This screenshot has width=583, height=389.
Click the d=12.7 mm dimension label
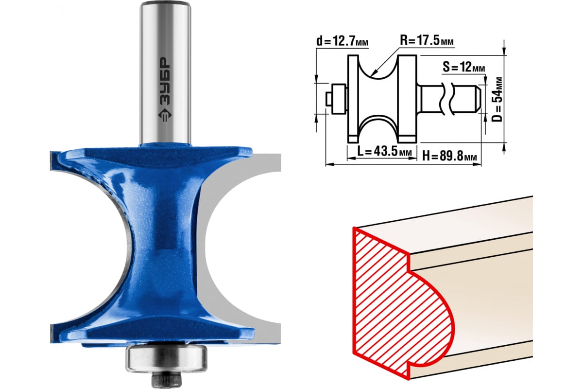[x=342, y=41]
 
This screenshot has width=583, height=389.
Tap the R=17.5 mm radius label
[x=427, y=41]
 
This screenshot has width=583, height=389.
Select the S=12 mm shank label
[x=463, y=67]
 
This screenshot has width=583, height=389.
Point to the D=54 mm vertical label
[x=497, y=99]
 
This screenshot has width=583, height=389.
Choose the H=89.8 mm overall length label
[x=449, y=157]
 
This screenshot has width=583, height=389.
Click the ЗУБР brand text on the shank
[x=165, y=81]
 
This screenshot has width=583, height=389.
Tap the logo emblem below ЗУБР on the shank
[x=165, y=115]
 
